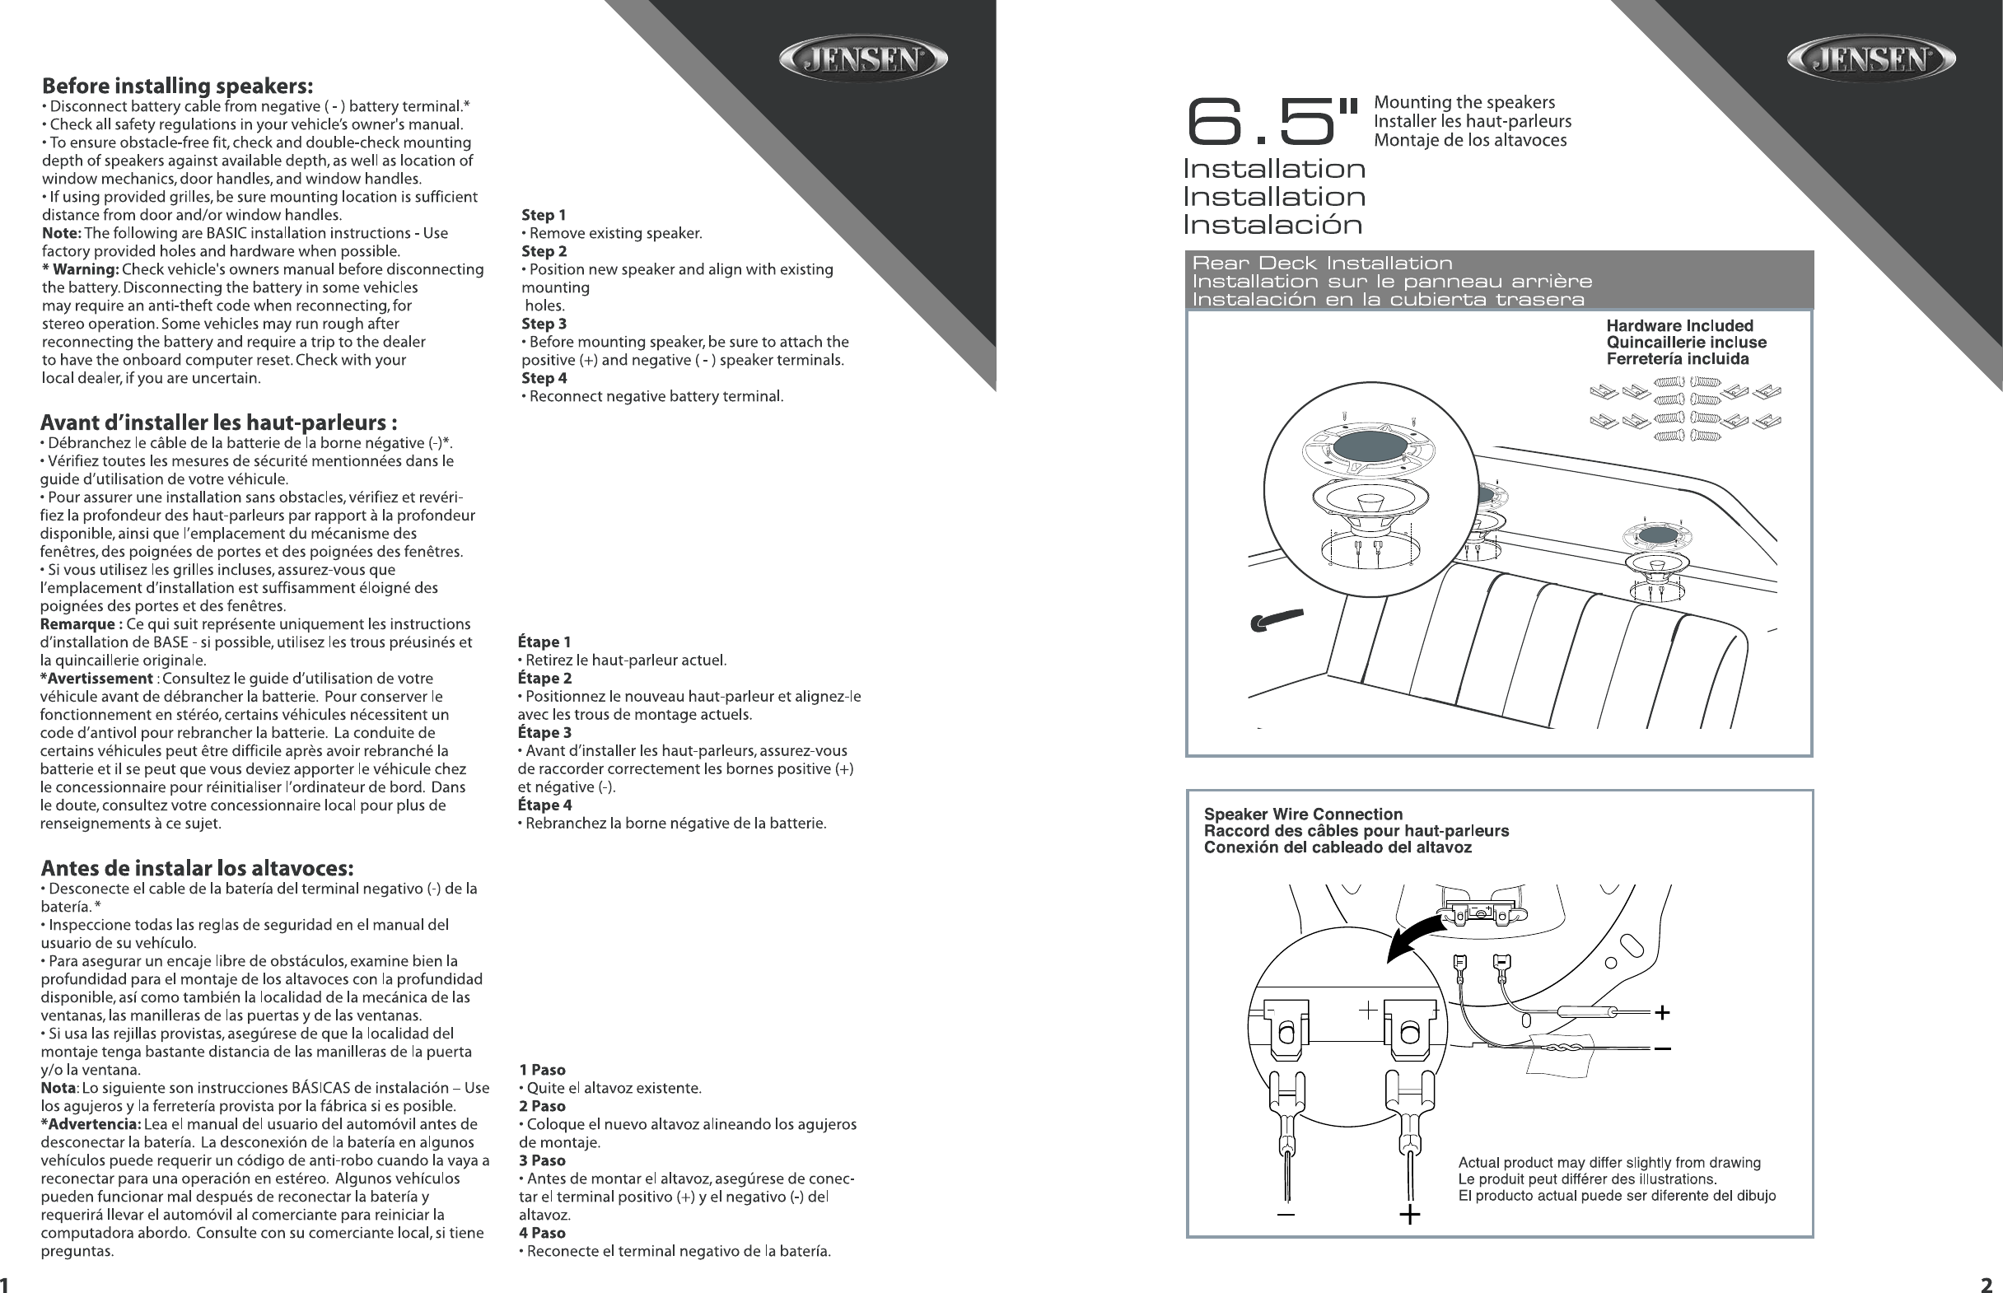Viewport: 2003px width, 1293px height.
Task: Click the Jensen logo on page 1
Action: pos(863,59)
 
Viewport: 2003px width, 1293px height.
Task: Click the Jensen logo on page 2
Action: pos(1870,59)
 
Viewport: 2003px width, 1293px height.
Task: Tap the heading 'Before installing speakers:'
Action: pos(178,86)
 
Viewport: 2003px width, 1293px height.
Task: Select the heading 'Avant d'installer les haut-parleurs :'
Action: pos(219,422)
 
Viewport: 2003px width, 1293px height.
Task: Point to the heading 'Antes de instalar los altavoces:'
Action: pos(198,867)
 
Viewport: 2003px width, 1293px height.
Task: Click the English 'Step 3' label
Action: pos(544,324)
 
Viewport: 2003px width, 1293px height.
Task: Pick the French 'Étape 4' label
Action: pos(545,805)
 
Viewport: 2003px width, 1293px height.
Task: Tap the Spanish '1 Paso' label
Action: pos(542,1070)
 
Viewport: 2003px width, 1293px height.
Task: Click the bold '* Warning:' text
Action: pos(81,269)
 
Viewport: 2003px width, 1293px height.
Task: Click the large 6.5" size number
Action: pos(1271,123)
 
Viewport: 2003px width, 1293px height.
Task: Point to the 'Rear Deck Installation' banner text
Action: pos(1322,264)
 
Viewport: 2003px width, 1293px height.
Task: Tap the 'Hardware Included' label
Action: pos(1680,326)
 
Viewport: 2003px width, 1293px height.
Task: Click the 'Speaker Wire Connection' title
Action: pos(1303,814)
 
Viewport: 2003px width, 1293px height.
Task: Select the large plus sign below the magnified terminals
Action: pos(1409,1214)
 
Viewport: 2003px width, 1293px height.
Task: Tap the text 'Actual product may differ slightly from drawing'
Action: pos(1609,1163)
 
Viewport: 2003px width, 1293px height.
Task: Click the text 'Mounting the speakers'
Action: pos(1464,102)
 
